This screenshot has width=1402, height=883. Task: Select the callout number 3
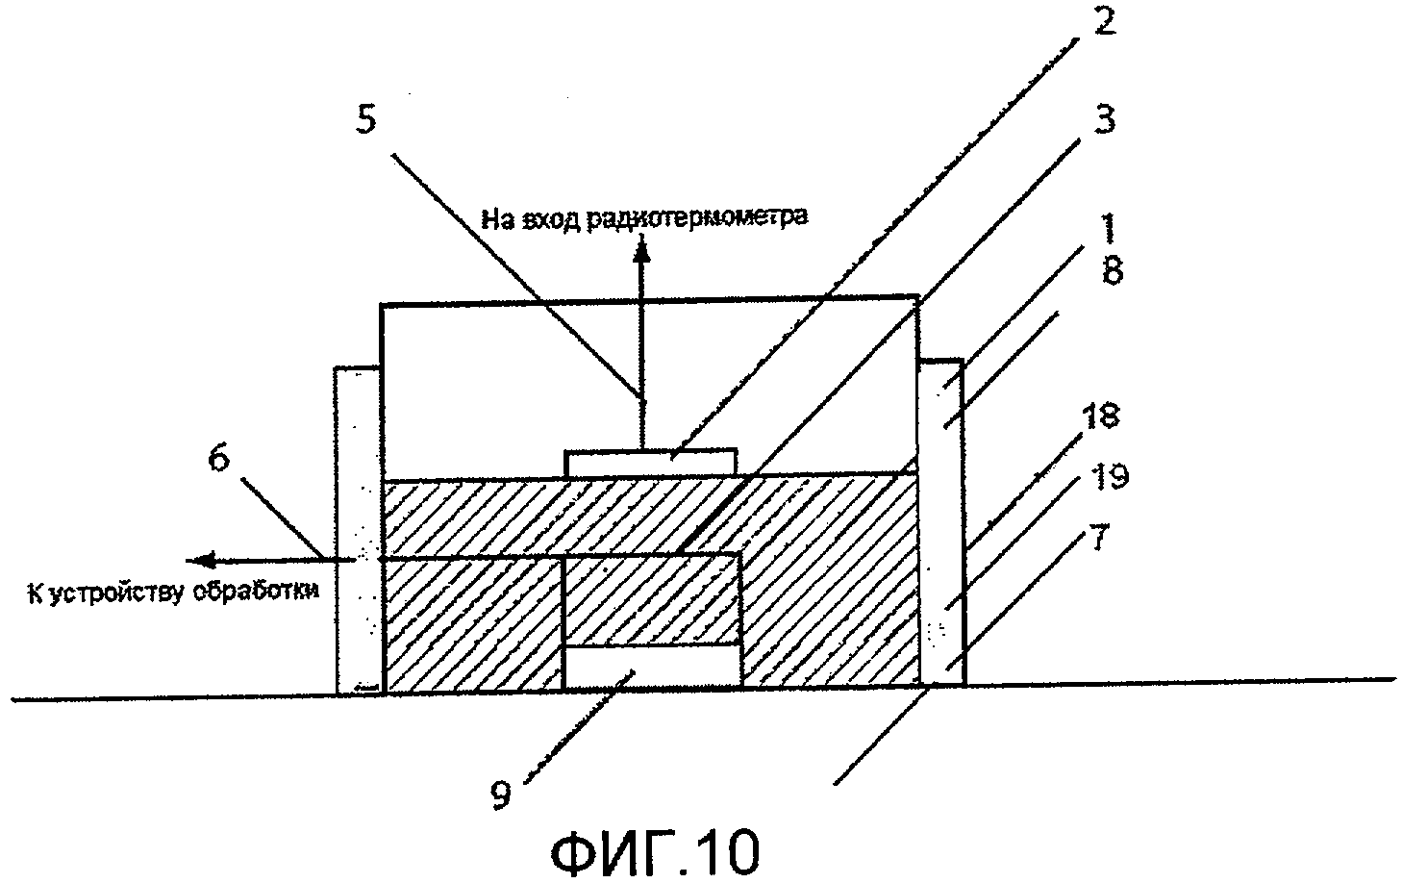pyautogui.click(x=1105, y=120)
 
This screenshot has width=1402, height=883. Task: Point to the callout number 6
pyautogui.click(x=220, y=460)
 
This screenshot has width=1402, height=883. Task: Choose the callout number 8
pyautogui.click(x=1113, y=272)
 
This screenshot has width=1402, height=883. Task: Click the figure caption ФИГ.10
pyautogui.click(x=657, y=850)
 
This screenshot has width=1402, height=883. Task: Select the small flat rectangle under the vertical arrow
pyautogui.click(x=651, y=462)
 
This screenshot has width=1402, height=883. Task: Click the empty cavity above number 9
pyautogui.click(x=652, y=667)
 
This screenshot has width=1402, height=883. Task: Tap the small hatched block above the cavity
pyautogui.click(x=651, y=598)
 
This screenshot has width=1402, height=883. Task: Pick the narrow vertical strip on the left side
pyautogui.click(x=359, y=529)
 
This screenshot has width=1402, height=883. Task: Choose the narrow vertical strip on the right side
pyautogui.click(x=941, y=524)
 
